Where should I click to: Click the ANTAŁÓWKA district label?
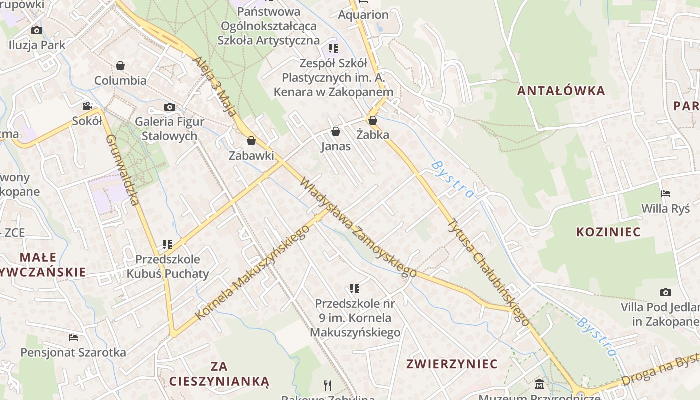pos(561,91)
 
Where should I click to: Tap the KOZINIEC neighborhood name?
pos(608,232)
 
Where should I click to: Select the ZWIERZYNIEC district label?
pos(452,364)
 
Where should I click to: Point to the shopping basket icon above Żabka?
pos(372,120)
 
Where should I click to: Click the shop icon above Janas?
pos(336,131)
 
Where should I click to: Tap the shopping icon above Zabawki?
pos(251,141)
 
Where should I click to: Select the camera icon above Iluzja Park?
pos(36,31)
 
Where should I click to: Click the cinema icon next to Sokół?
pos(87,106)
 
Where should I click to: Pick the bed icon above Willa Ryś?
pos(665,194)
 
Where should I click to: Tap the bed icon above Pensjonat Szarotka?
pos(73,338)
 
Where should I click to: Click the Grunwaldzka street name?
pos(122,170)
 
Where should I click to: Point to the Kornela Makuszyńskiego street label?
pos(252,272)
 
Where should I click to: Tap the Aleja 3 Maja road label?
pos(215,86)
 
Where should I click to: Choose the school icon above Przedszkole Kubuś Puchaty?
pos(167,245)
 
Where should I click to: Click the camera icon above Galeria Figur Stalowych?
pos(169,107)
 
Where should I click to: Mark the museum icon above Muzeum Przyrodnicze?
pos(539,384)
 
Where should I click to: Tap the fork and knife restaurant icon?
pos(328,385)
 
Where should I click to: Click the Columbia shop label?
pos(120,80)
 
